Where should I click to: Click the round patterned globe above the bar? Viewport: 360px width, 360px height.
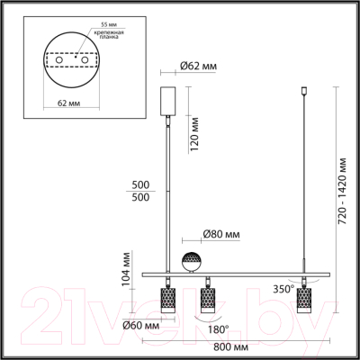coord(192,262)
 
